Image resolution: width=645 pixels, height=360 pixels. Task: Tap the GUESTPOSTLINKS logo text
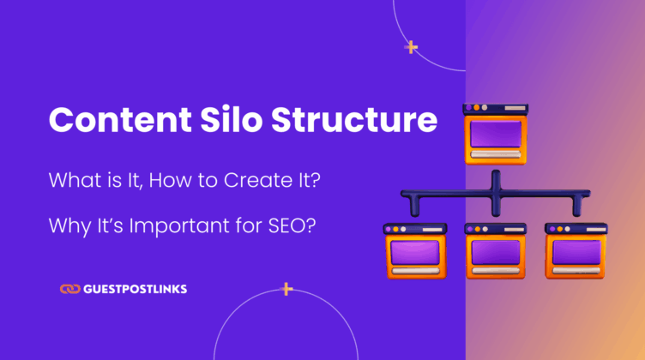(x=136, y=290)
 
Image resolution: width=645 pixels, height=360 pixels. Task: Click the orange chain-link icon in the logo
(x=70, y=290)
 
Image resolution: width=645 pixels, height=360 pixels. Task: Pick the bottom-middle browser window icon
(x=495, y=251)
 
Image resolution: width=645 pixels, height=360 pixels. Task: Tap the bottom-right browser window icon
(x=575, y=251)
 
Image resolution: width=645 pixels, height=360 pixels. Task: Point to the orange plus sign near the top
(x=412, y=47)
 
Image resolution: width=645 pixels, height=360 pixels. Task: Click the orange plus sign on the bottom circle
(x=287, y=289)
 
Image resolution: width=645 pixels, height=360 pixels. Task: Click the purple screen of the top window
(x=494, y=134)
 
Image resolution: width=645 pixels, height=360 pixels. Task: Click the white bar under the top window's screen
(x=494, y=154)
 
